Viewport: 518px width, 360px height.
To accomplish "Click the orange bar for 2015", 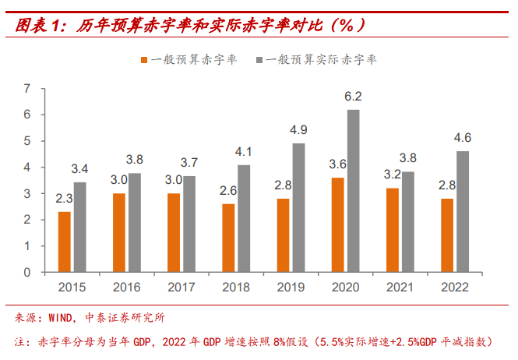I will [65, 242].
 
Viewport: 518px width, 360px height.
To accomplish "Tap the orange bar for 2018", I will [228, 238].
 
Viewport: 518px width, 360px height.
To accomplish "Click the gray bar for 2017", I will [189, 224].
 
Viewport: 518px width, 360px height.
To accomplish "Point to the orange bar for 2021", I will [392, 230].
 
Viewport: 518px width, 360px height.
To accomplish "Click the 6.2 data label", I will [354, 97].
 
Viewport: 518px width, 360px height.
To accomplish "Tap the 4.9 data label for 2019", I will [298, 130].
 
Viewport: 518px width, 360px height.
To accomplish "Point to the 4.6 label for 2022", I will [463, 138].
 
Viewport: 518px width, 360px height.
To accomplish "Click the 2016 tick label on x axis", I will [126, 287].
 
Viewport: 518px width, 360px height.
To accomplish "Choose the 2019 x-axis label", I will [291, 287].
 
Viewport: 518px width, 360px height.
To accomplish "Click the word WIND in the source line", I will [62, 318].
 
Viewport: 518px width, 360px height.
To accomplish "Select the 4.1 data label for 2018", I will [244, 151].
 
